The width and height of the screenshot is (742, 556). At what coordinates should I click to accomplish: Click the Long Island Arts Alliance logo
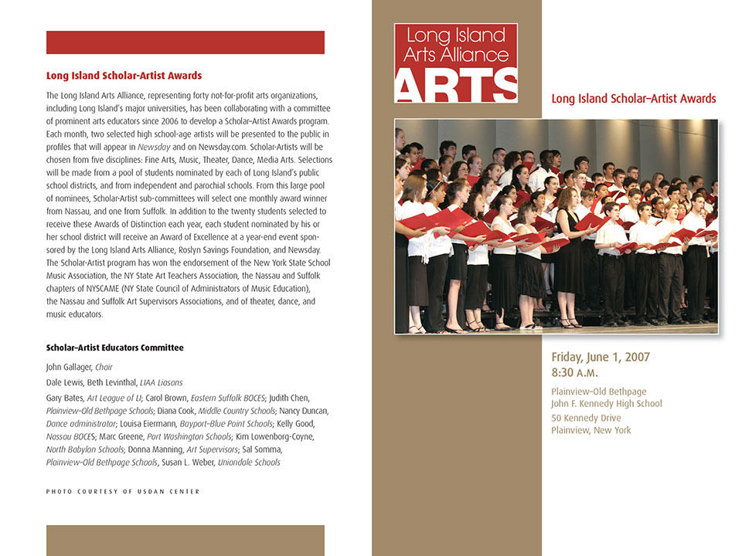(455, 63)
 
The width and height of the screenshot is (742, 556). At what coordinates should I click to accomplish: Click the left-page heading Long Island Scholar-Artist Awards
(124, 76)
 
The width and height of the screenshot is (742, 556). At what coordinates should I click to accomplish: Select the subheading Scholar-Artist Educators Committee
(114, 347)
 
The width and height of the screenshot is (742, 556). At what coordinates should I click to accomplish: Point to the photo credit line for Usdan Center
(122, 491)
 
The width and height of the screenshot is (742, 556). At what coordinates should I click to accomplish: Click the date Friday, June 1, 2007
(600, 357)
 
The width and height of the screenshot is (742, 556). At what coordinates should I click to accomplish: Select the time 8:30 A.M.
(577, 372)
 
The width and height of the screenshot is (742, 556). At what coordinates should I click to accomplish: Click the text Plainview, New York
(591, 430)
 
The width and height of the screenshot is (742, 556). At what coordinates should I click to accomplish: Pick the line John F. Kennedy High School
(606, 404)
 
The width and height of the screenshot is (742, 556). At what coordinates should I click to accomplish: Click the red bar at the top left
(185, 42)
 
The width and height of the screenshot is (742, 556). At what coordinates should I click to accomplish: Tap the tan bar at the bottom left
(185, 540)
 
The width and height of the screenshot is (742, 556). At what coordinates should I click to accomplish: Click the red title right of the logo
(634, 99)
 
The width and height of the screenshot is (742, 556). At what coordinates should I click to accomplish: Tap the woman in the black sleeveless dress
(569, 255)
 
